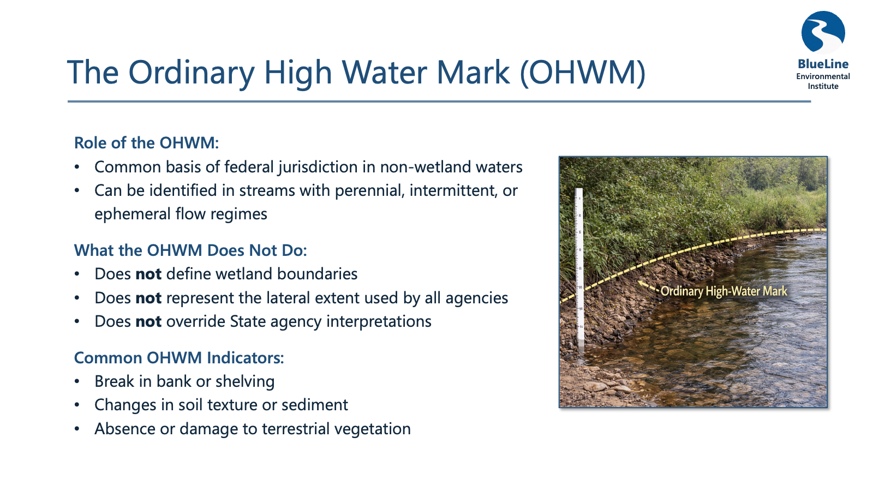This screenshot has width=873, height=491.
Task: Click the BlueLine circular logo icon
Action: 823,32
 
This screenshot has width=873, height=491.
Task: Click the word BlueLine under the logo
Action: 823,64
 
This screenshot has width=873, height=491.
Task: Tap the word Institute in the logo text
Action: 823,86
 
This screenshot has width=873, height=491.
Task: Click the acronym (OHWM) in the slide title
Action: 583,73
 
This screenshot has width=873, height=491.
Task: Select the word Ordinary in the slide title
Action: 192,73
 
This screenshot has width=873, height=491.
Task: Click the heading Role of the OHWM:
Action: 147,142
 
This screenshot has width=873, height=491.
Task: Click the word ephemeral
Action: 132,214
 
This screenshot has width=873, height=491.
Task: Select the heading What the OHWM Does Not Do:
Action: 190,250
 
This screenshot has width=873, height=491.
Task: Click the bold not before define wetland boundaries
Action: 148,274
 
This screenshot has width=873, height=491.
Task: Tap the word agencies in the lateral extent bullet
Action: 477,298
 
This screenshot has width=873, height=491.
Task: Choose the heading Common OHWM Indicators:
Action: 179,358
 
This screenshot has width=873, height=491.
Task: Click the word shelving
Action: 245,381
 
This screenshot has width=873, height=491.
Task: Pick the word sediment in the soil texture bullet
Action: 314,405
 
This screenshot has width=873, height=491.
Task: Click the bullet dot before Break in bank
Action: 77,381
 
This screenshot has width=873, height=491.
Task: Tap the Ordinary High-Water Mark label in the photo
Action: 723,291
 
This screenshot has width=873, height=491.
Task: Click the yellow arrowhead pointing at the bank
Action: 641,284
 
